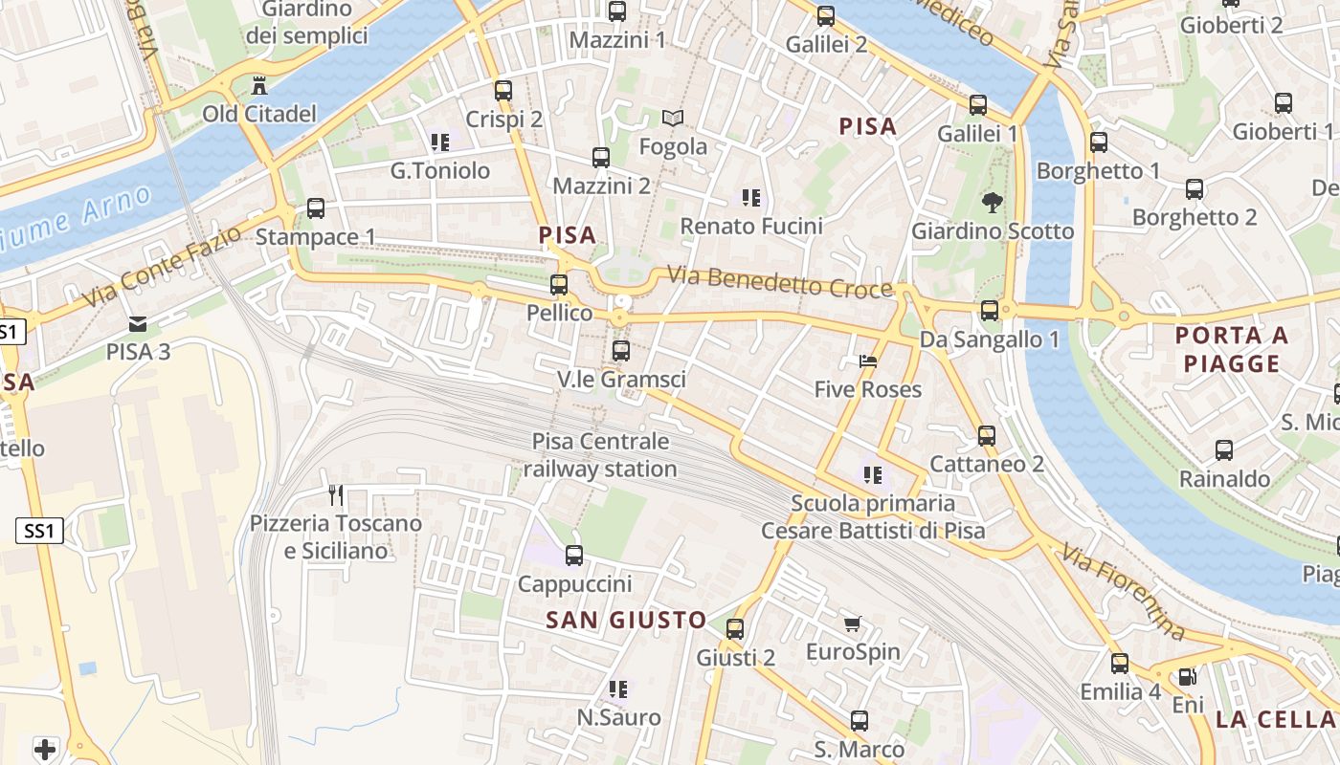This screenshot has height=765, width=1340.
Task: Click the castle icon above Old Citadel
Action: coord(258,86)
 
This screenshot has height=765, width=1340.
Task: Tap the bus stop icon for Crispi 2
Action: coord(503,91)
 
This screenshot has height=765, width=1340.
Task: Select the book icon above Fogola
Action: coord(673,118)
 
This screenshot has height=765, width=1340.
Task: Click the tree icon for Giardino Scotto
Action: coord(993,202)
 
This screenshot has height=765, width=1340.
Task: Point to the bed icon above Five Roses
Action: coord(868,361)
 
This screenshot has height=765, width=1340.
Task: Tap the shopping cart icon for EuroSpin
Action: coord(853,623)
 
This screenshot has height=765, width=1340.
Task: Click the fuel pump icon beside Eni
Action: coord(1187,677)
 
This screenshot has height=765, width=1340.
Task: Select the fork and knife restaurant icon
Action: coord(336,494)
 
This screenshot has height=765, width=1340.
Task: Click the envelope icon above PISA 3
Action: coord(138,323)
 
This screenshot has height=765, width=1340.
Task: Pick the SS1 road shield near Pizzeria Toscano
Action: coord(39,531)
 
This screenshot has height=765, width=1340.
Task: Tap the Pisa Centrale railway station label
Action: coord(600,455)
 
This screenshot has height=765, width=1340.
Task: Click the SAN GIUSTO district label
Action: coord(626,620)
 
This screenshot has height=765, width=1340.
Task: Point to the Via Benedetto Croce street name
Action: coord(779,282)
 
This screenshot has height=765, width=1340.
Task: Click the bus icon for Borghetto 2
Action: coord(1195,188)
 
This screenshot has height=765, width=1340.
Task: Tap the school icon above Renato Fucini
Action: coord(751,198)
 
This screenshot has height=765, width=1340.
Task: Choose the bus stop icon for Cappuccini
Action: coord(574,555)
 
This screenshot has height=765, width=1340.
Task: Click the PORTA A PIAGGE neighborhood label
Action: coord(1231,349)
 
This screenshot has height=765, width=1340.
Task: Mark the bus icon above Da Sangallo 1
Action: coord(990,310)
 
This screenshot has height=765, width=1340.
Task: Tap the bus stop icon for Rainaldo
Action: coord(1224,449)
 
